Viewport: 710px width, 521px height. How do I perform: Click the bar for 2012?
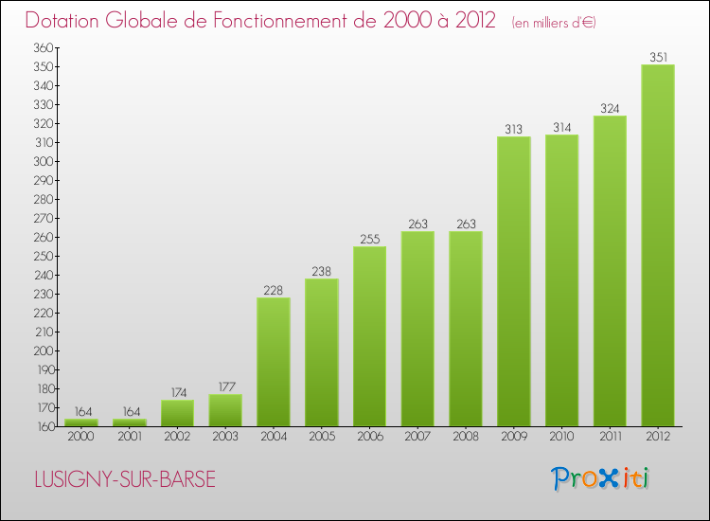[658, 245]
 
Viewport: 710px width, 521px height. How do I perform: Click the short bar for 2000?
[81, 422]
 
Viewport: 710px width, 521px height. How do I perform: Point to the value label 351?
[658, 57]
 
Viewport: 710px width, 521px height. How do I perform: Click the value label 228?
[274, 290]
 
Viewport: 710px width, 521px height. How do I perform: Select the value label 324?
[610, 108]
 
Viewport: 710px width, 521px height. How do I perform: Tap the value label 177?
[225, 386]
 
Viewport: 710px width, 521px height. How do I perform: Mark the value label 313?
[514, 129]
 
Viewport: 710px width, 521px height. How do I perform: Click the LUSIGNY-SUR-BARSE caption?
[124, 480]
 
